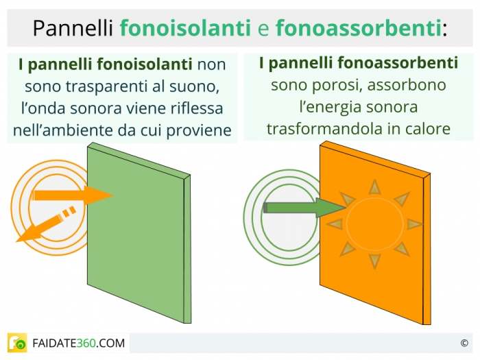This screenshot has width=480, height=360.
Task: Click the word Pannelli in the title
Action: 73,28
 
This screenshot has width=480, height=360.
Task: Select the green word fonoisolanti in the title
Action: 185,28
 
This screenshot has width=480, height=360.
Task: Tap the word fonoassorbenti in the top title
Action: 359,28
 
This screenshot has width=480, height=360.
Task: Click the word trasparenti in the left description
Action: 109,87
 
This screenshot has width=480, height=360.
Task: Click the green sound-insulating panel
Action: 139,232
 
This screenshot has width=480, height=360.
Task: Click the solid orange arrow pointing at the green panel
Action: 73,195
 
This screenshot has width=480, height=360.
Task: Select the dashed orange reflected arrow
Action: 46,224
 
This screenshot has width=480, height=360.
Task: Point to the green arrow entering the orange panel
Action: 304,208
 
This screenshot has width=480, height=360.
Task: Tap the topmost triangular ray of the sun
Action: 374,187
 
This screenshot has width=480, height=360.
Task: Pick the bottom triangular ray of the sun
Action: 374,261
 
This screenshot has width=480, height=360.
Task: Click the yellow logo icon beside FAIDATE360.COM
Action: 17,343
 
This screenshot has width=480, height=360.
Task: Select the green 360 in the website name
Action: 86,343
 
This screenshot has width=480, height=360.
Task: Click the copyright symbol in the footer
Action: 464,343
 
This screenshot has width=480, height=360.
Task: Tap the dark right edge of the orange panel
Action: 427,249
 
